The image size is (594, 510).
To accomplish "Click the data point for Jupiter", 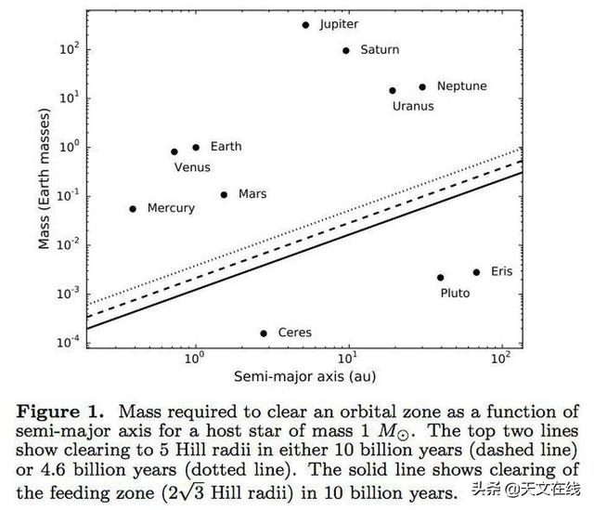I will click(305, 25).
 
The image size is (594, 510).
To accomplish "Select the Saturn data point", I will click(346, 50).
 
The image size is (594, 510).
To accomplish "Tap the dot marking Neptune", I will click(422, 86).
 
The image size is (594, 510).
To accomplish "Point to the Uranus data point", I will click(393, 91).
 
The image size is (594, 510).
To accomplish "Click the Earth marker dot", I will click(196, 147).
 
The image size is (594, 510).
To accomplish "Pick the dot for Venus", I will click(174, 151).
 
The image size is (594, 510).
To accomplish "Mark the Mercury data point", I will click(133, 209).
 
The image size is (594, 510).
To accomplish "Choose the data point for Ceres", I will click(264, 333).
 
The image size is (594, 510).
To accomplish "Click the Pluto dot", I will click(440, 277).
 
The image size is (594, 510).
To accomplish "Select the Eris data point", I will click(476, 272).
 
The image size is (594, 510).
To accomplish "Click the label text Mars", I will click(252, 194).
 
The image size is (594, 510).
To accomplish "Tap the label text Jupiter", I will click(339, 24).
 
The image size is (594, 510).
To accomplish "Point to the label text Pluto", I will click(455, 294).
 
